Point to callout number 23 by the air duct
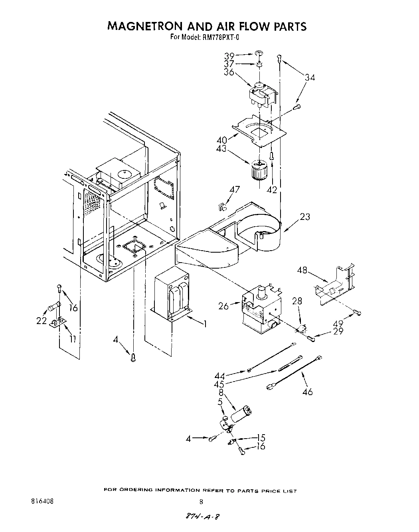click(304, 217)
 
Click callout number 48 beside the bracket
click(302, 270)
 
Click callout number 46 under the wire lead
click(307, 392)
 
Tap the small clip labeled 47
click(222, 206)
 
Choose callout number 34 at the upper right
click(309, 78)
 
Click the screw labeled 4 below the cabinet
click(133, 358)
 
